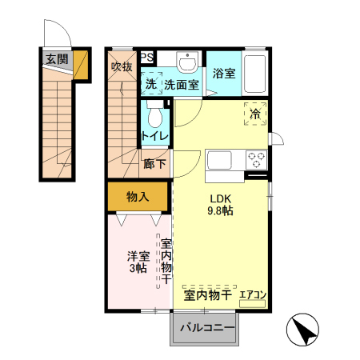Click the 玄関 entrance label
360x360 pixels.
coord(56,58)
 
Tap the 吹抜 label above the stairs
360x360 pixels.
coord(121,66)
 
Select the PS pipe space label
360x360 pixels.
coord(148,57)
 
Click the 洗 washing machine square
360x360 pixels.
coord(151,83)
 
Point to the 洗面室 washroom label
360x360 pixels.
coord(182,83)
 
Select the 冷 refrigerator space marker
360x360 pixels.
coord(255,114)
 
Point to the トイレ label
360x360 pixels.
coord(155,136)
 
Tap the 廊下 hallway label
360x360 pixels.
coord(155,164)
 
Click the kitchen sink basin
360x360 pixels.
coord(219,158)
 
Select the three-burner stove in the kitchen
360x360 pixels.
coord(256,158)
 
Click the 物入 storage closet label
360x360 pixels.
coord(138,196)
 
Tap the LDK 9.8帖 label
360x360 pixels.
coord(221,205)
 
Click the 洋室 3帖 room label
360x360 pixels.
coord(137,262)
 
